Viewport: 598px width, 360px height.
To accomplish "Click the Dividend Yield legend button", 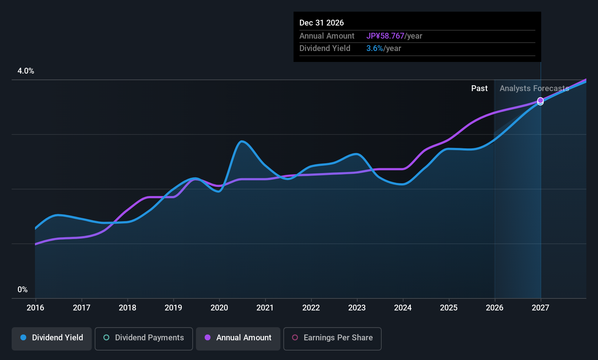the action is pos(51,339).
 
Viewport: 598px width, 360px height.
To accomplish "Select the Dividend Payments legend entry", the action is pos(143,339).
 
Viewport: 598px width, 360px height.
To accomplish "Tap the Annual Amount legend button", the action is pos(238,339).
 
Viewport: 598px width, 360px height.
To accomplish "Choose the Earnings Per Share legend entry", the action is pos(333,339).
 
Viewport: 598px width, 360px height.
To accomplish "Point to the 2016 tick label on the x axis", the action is pos(35,308).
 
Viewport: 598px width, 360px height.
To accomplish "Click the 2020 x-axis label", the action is pos(219,308).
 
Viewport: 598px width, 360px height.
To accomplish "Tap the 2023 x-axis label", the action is pos(357,308).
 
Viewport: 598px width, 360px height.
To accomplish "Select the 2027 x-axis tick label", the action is pos(540,308).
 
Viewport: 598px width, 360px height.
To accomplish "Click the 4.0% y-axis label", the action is pos(26,71).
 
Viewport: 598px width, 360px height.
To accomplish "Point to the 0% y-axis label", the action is pos(23,290).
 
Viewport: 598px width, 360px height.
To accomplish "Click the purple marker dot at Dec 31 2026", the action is pos(540,101).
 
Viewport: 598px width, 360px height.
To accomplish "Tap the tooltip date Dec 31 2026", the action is pos(322,23).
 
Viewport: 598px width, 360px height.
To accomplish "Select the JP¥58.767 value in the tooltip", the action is pos(385,36).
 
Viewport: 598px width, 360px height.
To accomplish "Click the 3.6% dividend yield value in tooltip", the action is pos(374,48).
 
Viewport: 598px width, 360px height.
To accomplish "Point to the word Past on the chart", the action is pos(479,89).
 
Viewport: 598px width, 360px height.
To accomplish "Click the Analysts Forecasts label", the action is pos(534,89).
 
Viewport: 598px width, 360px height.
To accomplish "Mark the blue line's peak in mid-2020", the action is pos(241,141).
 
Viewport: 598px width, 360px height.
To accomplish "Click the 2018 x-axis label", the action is pos(127,308).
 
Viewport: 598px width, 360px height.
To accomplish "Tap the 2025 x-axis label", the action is pos(449,308).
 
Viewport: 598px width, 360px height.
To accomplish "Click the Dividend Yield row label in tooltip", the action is pos(324,48).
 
